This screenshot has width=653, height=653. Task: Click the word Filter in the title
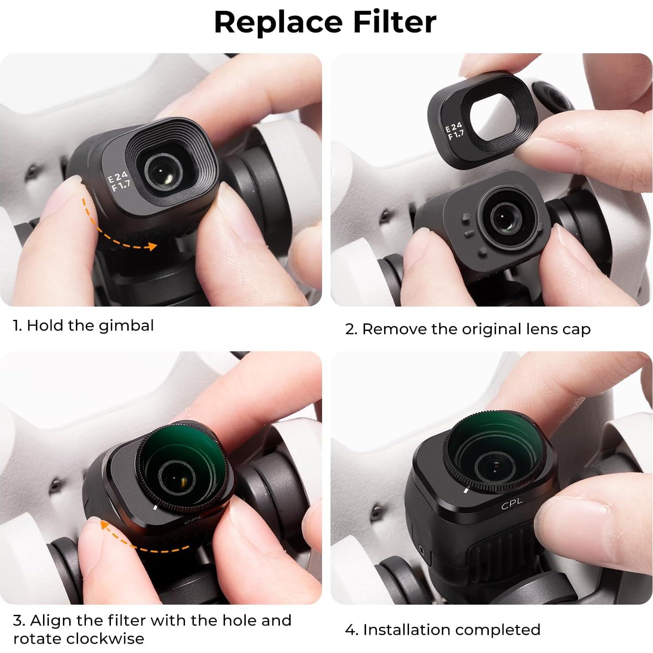(395, 22)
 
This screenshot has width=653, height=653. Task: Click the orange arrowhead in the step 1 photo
(153, 246)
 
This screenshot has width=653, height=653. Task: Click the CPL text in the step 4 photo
(511, 504)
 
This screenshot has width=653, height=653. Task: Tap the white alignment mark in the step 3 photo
(153, 507)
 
